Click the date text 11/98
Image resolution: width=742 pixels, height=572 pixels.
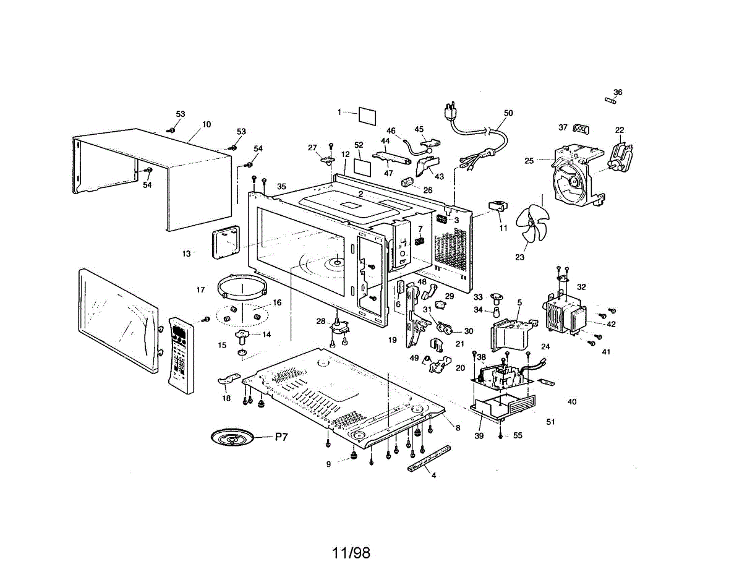click(351, 552)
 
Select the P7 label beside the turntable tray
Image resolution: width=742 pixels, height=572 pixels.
click(281, 437)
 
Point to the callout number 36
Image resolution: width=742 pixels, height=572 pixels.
click(617, 92)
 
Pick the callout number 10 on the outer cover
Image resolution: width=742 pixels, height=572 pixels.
click(207, 124)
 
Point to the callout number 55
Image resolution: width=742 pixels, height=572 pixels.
click(518, 435)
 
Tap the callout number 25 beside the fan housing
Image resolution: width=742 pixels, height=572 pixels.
click(529, 160)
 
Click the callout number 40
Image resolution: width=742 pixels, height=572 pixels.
click(572, 401)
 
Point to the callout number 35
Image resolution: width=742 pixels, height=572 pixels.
click(281, 186)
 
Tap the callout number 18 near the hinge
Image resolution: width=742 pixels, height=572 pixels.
click(226, 398)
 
